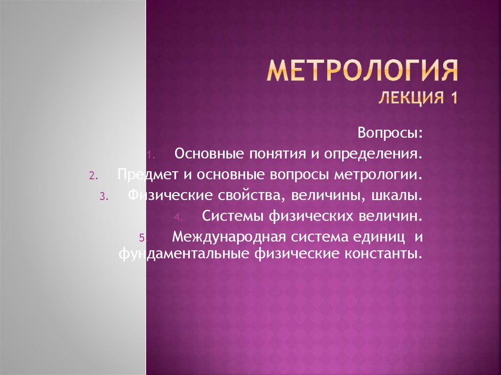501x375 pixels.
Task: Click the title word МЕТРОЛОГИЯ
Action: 363,70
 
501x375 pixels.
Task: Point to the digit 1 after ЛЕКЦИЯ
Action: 454,97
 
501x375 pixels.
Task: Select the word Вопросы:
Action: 390,133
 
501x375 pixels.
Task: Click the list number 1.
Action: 151,155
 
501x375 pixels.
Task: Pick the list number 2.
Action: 93,176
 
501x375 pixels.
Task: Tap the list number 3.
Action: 104,197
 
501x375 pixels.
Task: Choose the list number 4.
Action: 178,218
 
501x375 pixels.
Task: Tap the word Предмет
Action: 148,175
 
